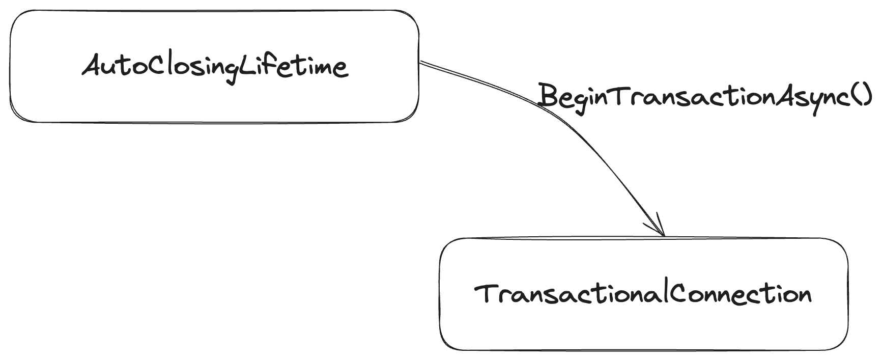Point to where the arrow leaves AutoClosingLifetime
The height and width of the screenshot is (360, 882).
(x=421, y=63)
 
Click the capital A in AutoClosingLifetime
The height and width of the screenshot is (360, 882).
(x=93, y=66)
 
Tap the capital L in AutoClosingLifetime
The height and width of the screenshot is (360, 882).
(x=246, y=66)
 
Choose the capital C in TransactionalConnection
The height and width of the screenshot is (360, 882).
(x=675, y=294)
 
